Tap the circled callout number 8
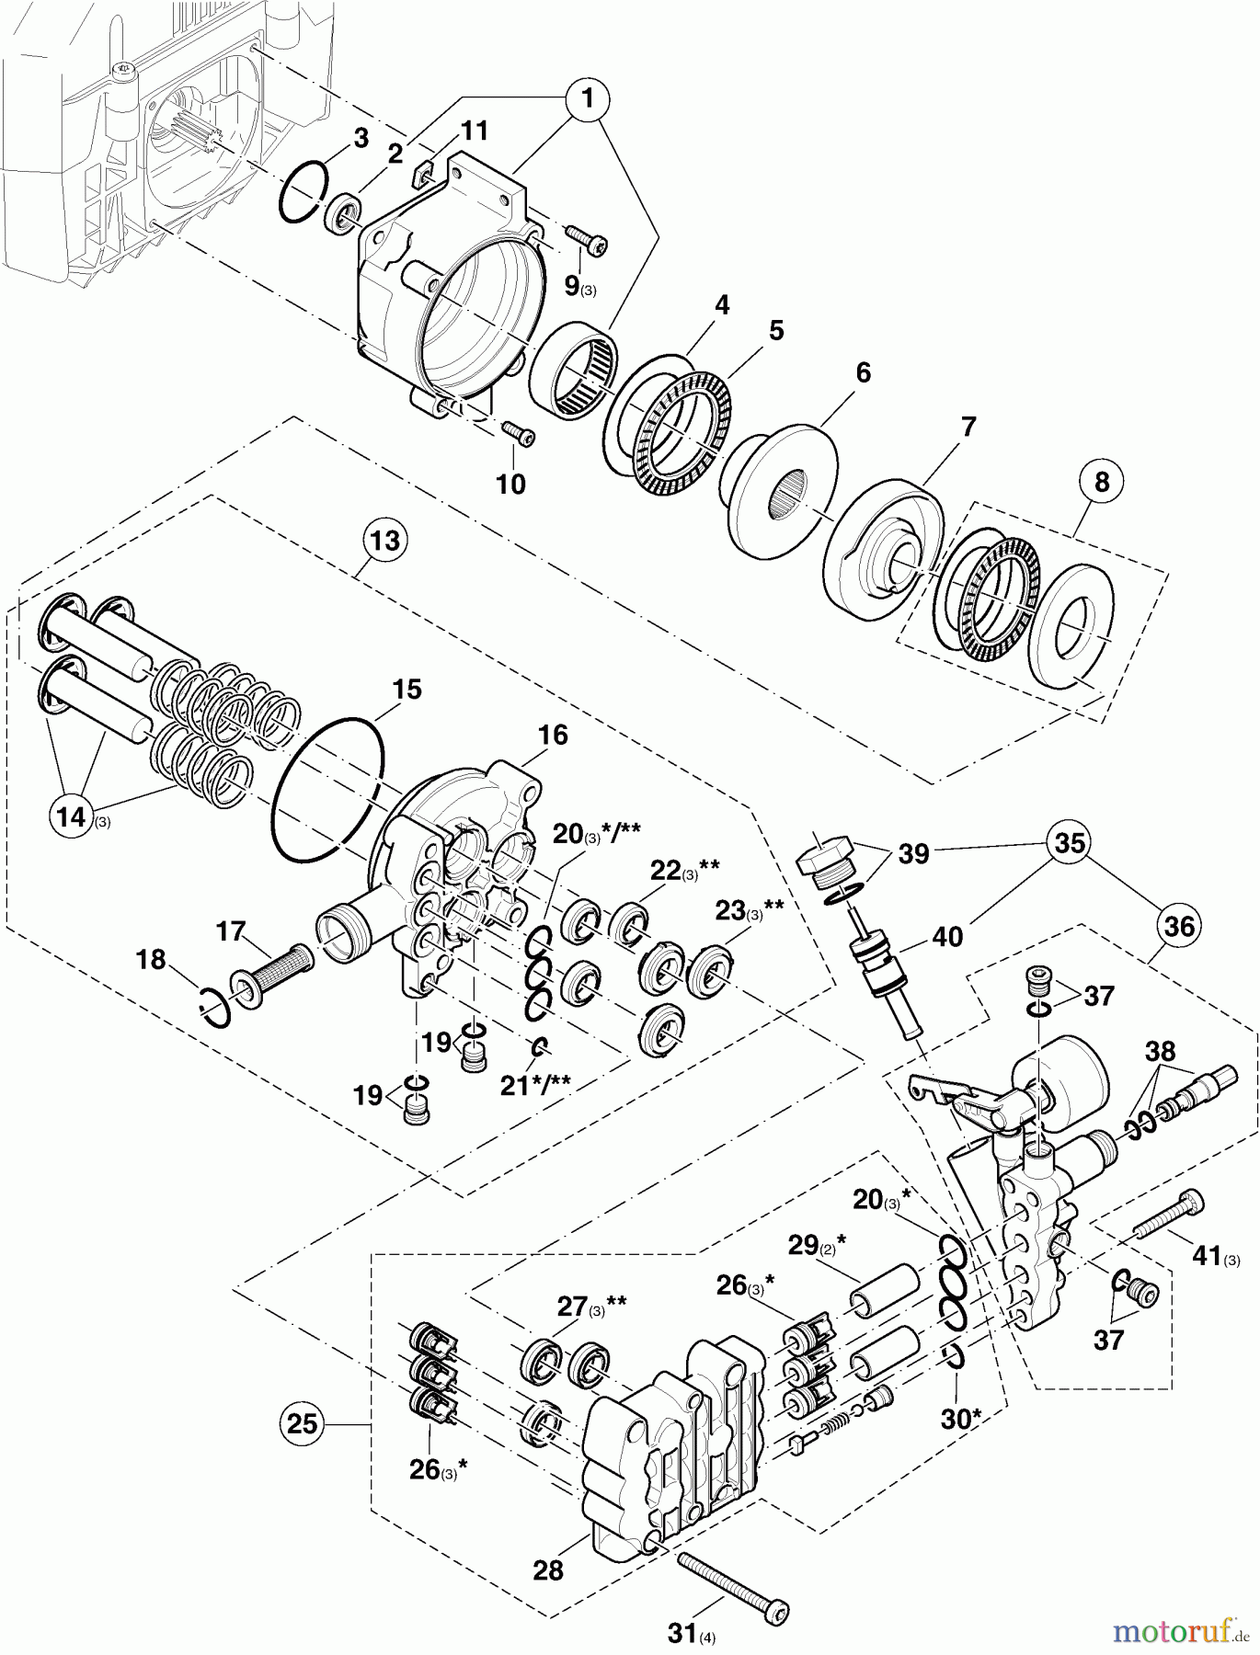coord(1102,481)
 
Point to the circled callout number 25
coord(302,1424)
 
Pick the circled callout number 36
coord(1179,926)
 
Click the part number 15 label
coord(407,690)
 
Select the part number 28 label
coord(548,1569)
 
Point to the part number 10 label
coord(510,484)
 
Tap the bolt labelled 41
coord(1168,1216)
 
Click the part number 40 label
coord(947,936)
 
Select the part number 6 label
coord(862,373)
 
